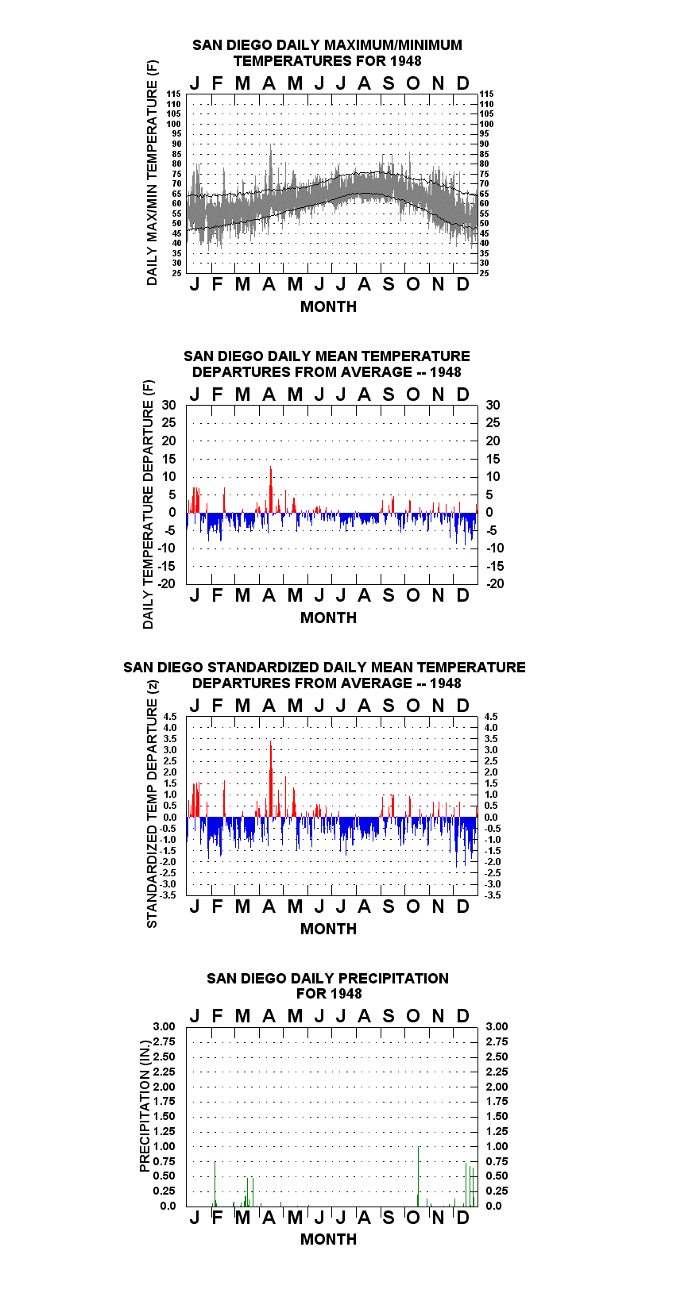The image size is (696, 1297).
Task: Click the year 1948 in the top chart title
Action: tap(406, 61)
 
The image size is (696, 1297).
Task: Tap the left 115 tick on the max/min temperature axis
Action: tap(174, 94)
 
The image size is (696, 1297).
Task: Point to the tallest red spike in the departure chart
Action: tap(271, 489)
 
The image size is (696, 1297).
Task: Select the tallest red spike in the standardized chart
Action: tap(271, 779)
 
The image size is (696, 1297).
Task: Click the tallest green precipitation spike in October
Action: tap(419, 1176)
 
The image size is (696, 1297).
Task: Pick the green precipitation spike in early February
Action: tap(215, 1183)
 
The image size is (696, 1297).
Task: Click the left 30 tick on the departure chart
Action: tap(168, 405)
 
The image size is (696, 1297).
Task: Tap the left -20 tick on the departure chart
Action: tap(166, 583)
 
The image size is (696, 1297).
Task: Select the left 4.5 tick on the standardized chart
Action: tap(170, 716)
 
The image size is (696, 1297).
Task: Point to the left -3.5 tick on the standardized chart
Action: tap(168, 895)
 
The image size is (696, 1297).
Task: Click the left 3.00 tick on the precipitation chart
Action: tap(164, 1026)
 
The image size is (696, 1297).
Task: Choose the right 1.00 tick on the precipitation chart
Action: tap(497, 1146)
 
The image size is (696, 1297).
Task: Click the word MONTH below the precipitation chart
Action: tap(329, 1239)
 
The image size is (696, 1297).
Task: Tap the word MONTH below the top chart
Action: tap(329, 306)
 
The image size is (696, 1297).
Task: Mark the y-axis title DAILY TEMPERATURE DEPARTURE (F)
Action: tap(149, 504)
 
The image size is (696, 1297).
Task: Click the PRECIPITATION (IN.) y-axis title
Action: tap(145, 1106)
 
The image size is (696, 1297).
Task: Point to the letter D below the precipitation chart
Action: tap(462, 1218)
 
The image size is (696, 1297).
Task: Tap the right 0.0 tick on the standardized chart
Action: tap(491, 818)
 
